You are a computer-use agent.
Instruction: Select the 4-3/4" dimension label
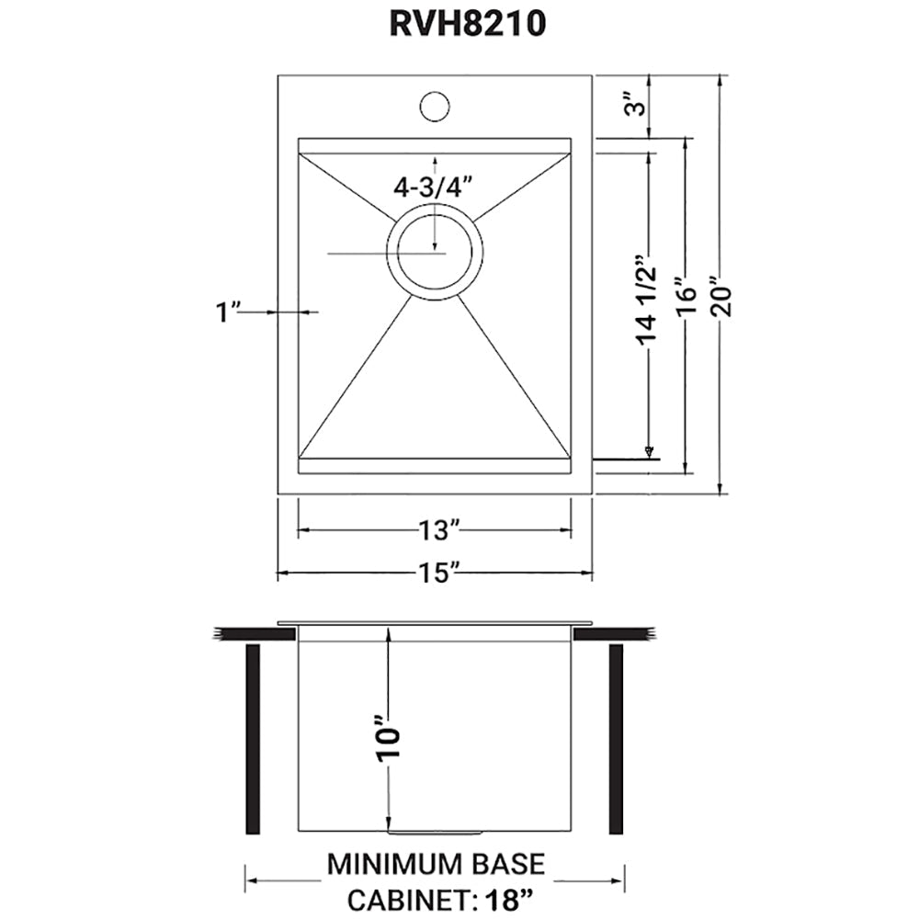(x=432, y=187)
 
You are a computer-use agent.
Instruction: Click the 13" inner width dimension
(x=436, y=530)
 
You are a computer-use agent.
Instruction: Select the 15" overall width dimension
(x=436, y=574)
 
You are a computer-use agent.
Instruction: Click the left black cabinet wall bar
(x=253, y=739)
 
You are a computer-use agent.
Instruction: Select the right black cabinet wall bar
(x=616, y=739)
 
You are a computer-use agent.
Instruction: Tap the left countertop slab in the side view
(x=253, y=633)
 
